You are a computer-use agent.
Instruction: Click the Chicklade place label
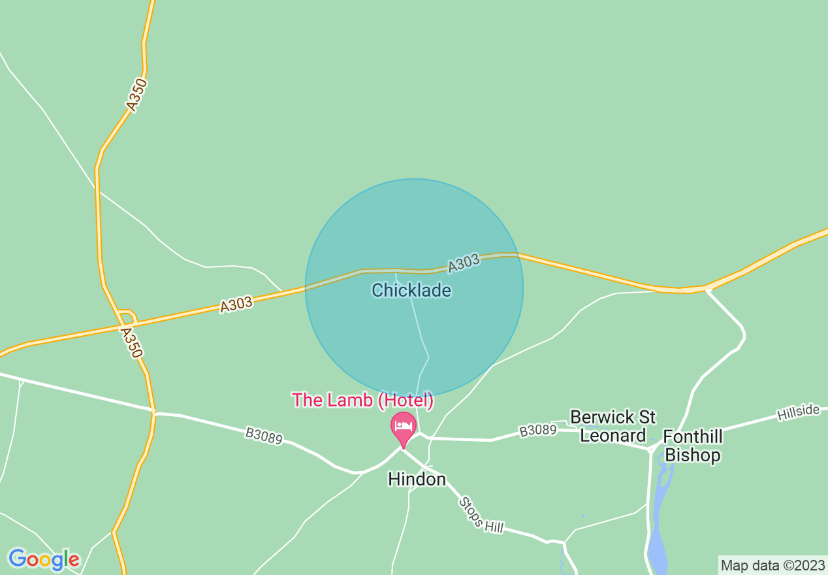[411, 290]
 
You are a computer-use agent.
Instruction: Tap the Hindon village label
[417, 479]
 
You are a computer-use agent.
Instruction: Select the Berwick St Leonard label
[613, 426]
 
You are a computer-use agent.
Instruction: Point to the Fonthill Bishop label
[692, 446]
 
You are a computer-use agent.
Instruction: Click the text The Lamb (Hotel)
[362, 400]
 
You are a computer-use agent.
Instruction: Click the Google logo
[44, 559]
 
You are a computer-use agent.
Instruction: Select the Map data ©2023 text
[772, 565]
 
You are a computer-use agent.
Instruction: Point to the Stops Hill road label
[481, 515]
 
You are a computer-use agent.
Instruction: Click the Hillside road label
[798, 412]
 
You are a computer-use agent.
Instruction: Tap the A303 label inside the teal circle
[464, 263]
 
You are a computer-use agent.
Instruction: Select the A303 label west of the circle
[236, 304]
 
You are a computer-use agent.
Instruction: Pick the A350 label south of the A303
[131, 342]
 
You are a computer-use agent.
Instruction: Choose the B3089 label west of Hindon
[264, 436]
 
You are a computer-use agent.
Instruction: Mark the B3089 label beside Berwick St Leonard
[538, 431]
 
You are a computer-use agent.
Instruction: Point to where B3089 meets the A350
[154, 412]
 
